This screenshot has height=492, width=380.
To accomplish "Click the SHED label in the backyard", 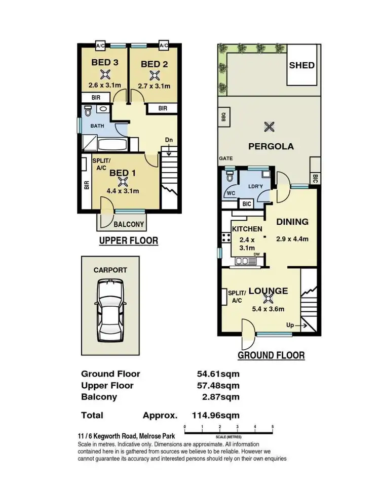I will (x=301, y=65).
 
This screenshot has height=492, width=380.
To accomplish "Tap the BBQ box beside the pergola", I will (x=223, y=116).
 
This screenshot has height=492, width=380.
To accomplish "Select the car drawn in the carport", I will (x=110, y=312).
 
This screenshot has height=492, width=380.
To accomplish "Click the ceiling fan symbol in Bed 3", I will (x=105, y=75).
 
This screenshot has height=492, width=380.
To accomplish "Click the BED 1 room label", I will (x=123, y=173).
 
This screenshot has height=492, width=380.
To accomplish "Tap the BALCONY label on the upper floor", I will (x=128, y=224).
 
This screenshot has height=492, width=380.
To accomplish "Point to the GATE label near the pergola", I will (x=226, y=158).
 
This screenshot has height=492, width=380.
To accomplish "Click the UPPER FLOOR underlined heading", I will (x=128, y=241).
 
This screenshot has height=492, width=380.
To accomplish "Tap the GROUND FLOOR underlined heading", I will (x=271, y=355).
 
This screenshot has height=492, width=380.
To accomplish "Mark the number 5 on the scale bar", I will (x=273, y=427).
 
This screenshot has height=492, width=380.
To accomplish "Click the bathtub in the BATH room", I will (x=112, y=145).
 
